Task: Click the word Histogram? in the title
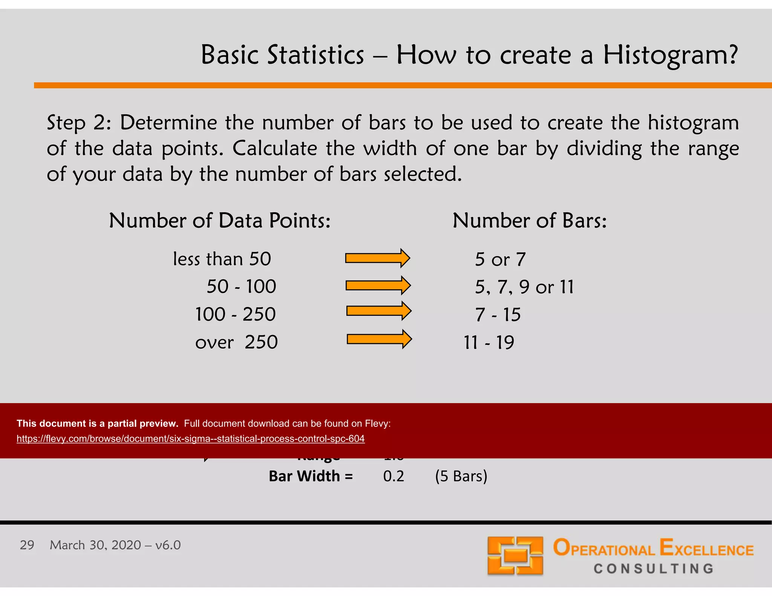click(x=670, y=55)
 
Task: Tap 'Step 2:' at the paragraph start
click(x=79, y=123)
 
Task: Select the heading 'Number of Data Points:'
click(x=219, y=220)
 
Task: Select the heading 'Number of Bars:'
click(x=529, y=220)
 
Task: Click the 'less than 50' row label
click(x=222, y=259)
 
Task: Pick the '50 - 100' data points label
click(x=241, y=287)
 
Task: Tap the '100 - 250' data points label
click(x=236, y=314)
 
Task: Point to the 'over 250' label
click(x=236, y=342)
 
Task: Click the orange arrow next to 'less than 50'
click(x=377, y=258)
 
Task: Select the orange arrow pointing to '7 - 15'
click(x=378, y=311)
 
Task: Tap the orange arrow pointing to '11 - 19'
click(x=379, y=339)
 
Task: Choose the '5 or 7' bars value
click(x=500, y=260)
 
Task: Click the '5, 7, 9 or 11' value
click(x=524, y=287)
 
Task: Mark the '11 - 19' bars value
click(x=489, y=342)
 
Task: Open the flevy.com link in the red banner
click(x=190, y=439)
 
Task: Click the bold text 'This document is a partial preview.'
click(x=97, y=423)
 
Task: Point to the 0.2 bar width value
click(x=393, y=476)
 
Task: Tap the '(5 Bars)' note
click(x=461, y=476)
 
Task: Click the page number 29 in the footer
click(x=27, y=545)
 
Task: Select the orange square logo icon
click(x=515, y=555)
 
